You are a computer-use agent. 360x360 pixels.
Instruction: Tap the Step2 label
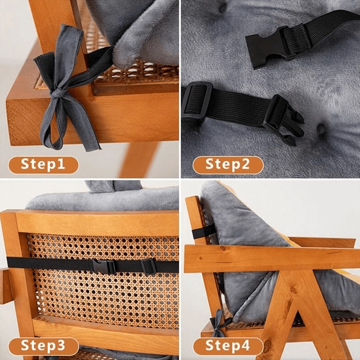click(228, 165)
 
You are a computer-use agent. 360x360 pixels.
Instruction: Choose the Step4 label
click(228, 346)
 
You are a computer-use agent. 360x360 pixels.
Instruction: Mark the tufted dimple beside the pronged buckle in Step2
click(321, 130)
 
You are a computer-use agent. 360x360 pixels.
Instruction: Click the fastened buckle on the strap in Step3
click(104, 266)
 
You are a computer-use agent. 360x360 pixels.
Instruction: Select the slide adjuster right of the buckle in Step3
click(149, 266)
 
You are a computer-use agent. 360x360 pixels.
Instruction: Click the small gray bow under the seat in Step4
click(219, 325)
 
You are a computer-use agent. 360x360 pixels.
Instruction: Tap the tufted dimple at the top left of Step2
click(222, 8)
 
